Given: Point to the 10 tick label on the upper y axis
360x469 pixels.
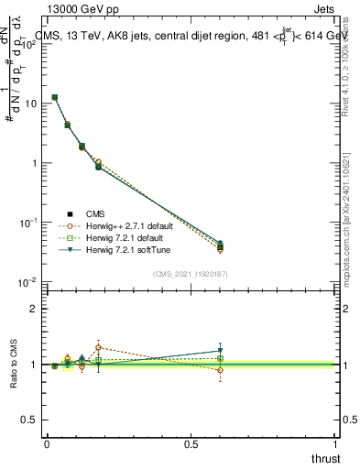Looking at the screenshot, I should (28, 104).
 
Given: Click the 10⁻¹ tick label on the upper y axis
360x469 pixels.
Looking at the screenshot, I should (27, 222).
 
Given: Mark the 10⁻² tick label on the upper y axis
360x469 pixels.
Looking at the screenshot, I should (27, 281).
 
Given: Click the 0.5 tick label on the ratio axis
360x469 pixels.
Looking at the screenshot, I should (27, 420).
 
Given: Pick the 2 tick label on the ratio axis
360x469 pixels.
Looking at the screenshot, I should (32, 309).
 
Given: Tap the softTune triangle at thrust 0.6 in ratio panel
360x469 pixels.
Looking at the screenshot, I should (220, 351).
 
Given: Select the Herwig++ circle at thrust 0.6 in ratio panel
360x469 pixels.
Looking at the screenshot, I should (220, 370).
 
